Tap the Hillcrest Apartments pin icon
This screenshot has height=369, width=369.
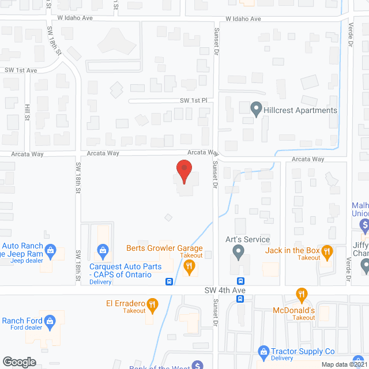point(256,108)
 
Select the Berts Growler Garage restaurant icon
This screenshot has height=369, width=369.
point(189,266)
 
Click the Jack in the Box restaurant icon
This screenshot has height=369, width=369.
point(327,251)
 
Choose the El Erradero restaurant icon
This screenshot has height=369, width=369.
point(152,304)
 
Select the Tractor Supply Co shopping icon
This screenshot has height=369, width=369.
point(263,351)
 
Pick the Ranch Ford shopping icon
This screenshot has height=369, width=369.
point(50,321)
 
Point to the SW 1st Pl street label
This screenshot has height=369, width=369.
point(193,100)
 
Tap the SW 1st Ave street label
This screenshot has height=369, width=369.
point(21,70)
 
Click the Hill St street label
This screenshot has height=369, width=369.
point(27,112)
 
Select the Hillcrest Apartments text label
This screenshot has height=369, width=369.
point(300,110)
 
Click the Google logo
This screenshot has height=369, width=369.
point(19,362)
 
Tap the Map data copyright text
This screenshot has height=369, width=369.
point(344,364)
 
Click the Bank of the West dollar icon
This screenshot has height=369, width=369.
point(197,365)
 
